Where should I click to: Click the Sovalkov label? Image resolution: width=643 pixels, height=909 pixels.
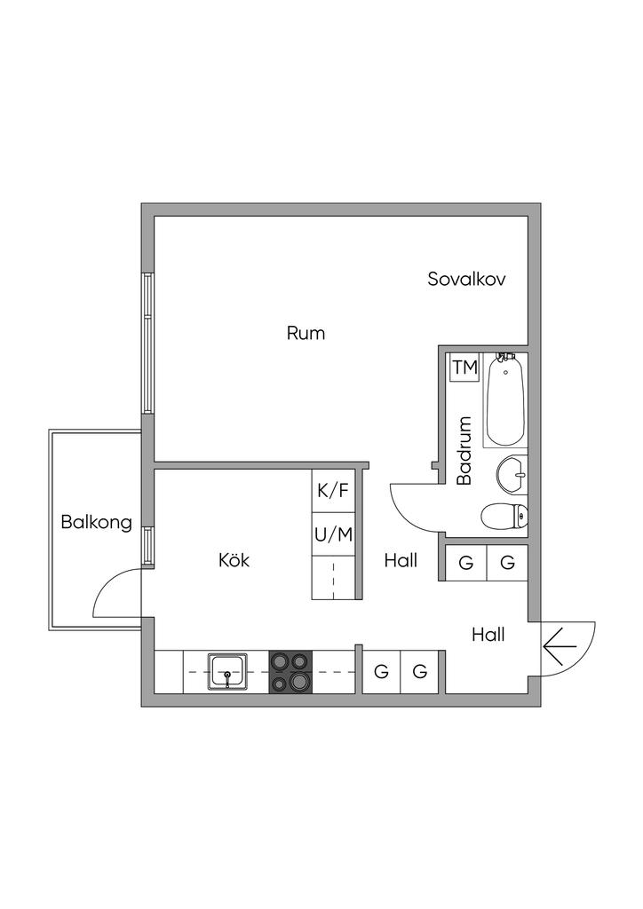[466, 279]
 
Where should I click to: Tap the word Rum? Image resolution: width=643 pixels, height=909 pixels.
[306, 334]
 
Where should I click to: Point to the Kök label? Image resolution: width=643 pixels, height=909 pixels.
[234, 560]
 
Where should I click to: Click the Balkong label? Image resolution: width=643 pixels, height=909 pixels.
[96, 522]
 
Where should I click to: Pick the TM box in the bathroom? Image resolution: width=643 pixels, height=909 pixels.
[465, 367]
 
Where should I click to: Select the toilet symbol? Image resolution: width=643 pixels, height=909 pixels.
[504, 516]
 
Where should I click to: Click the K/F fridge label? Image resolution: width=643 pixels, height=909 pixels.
[333, 491]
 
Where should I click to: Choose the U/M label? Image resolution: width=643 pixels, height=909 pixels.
[333, 534]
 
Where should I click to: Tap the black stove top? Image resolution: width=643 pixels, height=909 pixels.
[291, 672]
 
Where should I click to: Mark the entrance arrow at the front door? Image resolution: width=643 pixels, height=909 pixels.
[560, 644]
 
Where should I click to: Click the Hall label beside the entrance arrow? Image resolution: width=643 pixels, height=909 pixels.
[488, 635]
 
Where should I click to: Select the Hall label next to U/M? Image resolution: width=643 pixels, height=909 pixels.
[401, 560]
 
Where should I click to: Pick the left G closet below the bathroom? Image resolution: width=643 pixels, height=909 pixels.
[465, 563]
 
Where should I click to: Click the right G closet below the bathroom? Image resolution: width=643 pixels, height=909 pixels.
[507, 563]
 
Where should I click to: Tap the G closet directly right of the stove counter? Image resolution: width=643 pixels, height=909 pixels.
[381, 672]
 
